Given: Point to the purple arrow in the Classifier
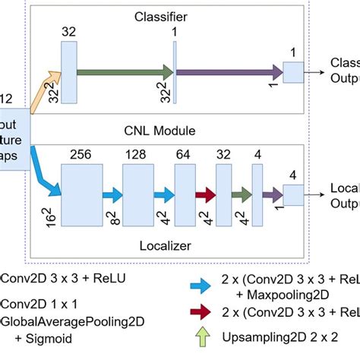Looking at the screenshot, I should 228,72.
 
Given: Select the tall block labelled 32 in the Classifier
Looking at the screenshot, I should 68,72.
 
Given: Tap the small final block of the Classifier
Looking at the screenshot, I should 292,72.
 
